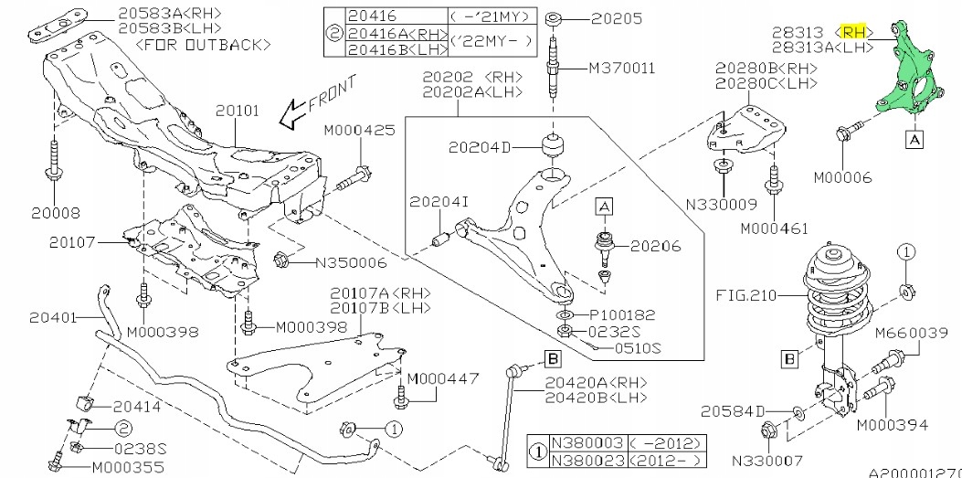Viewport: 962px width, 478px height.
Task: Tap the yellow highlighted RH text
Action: [x=855, y=31]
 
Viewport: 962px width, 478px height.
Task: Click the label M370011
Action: [x=622, y=68]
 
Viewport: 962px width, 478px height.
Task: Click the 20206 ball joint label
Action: [x=654, y=246]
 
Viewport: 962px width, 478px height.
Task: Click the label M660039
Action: [x=912, y=334]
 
